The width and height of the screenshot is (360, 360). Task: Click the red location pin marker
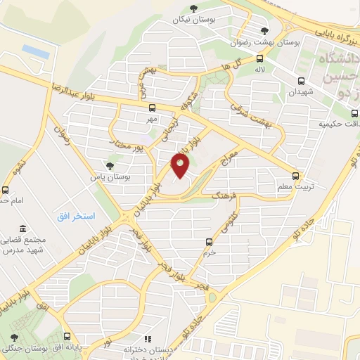click(x=181, y=165)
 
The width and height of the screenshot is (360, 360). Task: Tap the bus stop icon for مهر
click(x=152, y=108)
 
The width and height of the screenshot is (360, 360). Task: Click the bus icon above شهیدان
click(x=301, y=80)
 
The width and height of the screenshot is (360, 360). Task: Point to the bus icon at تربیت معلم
click(x=295, y=176)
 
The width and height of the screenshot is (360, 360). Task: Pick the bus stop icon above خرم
click(x=207, y=240)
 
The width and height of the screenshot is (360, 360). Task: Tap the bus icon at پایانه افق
click(x=67, y=337)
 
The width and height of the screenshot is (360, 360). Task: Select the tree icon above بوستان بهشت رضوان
click(x=264, y=30)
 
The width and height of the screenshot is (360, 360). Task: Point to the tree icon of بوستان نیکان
click(x=193, y=8)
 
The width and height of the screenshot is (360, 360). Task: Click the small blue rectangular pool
click(x=36, y=51)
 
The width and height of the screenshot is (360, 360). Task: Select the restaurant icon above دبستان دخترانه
click(x=148, y=338)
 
